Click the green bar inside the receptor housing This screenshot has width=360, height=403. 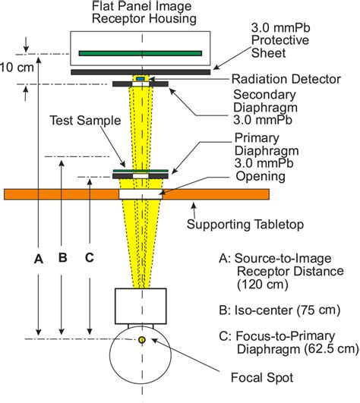click(141, 53)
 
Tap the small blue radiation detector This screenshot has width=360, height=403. click(141, 79)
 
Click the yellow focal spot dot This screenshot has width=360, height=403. click(141, 339)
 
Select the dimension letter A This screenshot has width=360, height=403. click(37, 257)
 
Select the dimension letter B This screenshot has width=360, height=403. click(63, 257)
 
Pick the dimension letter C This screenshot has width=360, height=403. click(90, 257)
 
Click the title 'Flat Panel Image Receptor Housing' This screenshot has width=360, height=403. click(141, 12)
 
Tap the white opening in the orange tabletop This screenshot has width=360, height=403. click(141, 194)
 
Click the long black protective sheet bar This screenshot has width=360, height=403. click(141, 71)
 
